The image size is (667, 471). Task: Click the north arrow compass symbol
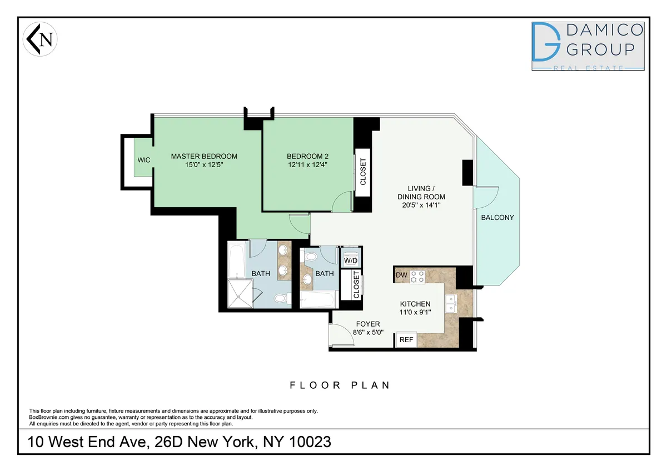pos(41,40)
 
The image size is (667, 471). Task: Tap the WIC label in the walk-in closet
pos(144,160)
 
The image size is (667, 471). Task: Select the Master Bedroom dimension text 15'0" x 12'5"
pos(204,165)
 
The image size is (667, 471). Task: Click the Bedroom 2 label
pos(308,156)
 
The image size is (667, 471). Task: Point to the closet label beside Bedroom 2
pos(363,172)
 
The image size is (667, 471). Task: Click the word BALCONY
pos(498,218)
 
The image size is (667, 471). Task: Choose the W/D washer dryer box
pos(350,260)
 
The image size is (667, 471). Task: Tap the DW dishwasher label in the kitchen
pos(401,275)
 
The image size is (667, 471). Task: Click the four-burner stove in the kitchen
pos(418,276)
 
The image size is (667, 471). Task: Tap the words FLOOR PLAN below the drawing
pos(340,385)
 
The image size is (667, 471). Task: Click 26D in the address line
pos(203,442)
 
